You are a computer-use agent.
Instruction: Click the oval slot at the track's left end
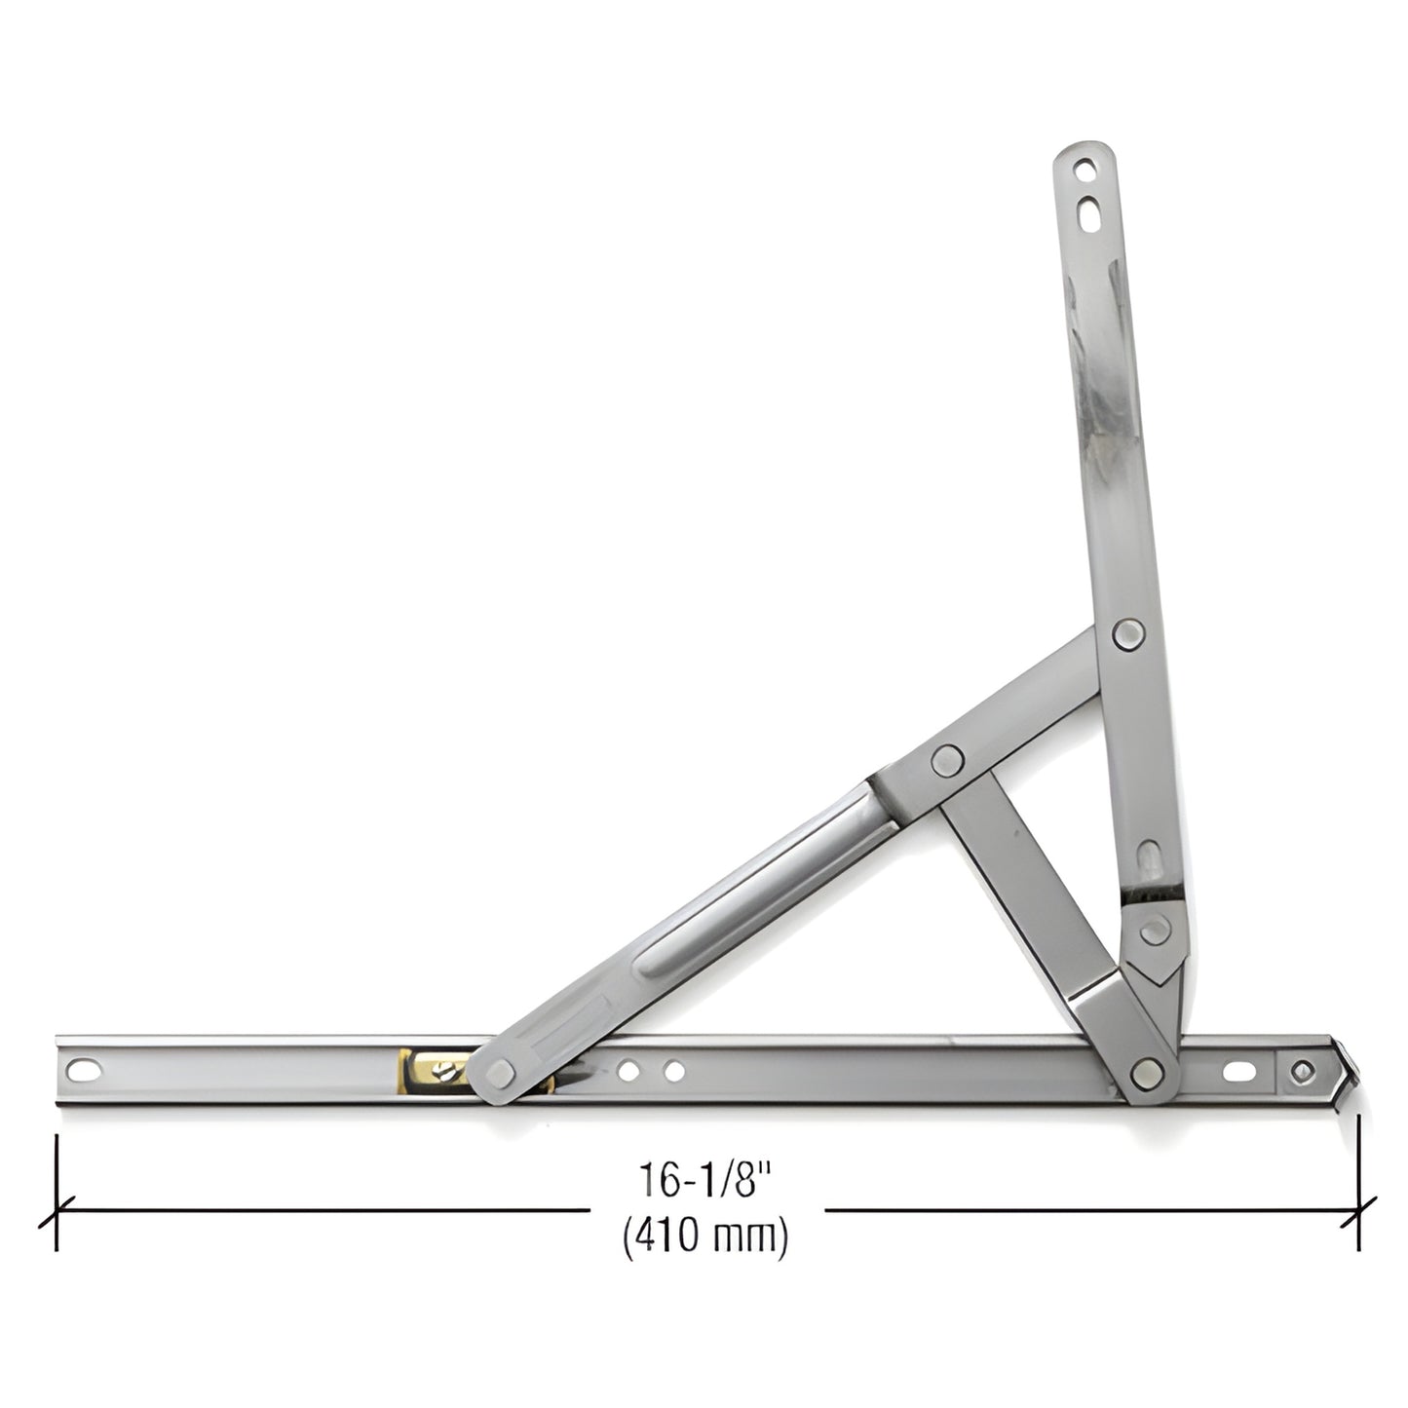[93, 1070]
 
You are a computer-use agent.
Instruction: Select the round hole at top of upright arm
[1084, 171]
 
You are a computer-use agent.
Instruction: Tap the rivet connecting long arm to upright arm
[1128, 635]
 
